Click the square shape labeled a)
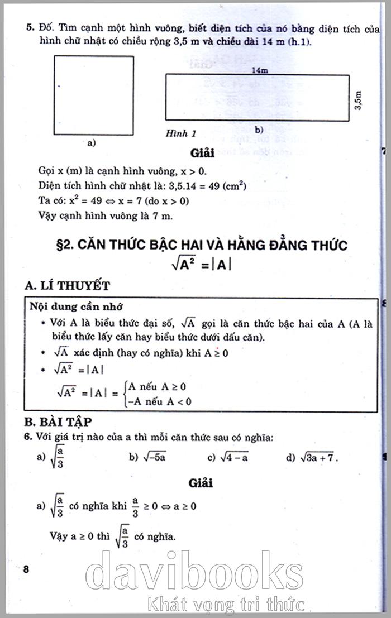point(93,95)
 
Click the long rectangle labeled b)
point(257,98)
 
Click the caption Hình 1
point(180,134)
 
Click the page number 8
point(26,569)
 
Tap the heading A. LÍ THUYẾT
point(68,286)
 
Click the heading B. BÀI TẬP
point(58,421)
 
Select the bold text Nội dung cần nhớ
point(77,307)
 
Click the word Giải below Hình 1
point(202,152)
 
